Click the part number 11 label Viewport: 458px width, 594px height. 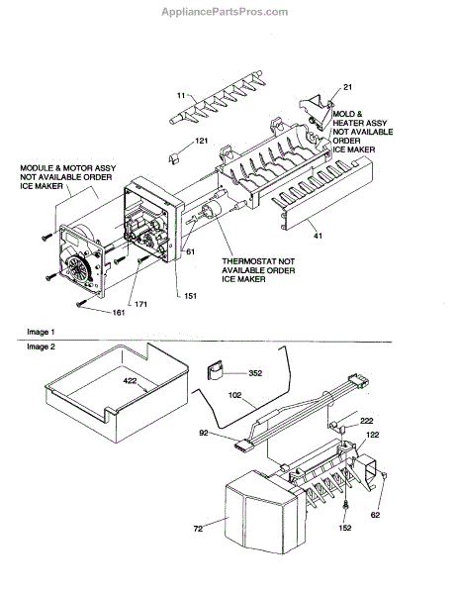click(x=181, y=95)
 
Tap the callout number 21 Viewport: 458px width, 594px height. click(x=347, y=87)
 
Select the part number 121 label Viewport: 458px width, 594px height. click(x=202, y=141)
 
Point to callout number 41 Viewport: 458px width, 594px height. click(x=318, y=236)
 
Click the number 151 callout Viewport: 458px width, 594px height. click(x=190, y=296)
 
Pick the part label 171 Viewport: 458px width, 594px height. click(x=140, y=304)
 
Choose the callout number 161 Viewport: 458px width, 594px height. click(x=119, y=313)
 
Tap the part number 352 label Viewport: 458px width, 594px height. click(x=255, y=373)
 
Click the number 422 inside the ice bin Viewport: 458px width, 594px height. click(x=130, y=381)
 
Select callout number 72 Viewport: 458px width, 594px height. click(x=198, y=529)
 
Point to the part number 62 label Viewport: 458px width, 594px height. click(x=375, y=515)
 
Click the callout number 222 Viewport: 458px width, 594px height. click(x=366, y=421)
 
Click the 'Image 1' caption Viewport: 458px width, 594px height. click(x=41, y=333)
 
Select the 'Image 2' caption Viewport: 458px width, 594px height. click(x=41, y=346)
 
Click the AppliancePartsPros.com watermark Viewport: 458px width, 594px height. click(x=225, y=12)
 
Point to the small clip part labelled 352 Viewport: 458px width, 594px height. click(x=215, y=370)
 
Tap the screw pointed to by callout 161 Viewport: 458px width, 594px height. click(x=81, y=304)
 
